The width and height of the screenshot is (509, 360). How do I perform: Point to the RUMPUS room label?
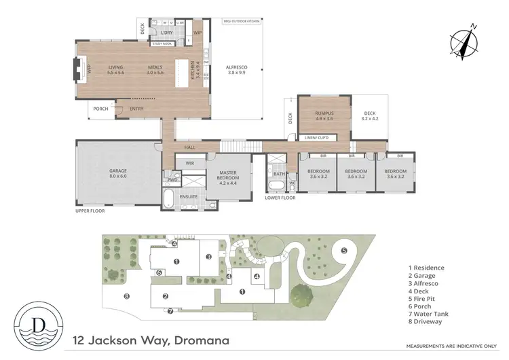[324, 115]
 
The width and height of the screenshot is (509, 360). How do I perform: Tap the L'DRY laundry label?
[167, 31]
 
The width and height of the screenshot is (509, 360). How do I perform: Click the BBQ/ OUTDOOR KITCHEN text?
[240, 21]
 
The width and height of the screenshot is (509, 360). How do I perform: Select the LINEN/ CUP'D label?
[317, 138]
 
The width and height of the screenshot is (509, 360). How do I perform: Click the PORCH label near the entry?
[100, 109]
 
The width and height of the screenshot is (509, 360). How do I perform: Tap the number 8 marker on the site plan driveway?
[126, 295]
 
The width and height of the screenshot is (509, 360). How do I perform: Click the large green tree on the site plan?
[299, 295]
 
